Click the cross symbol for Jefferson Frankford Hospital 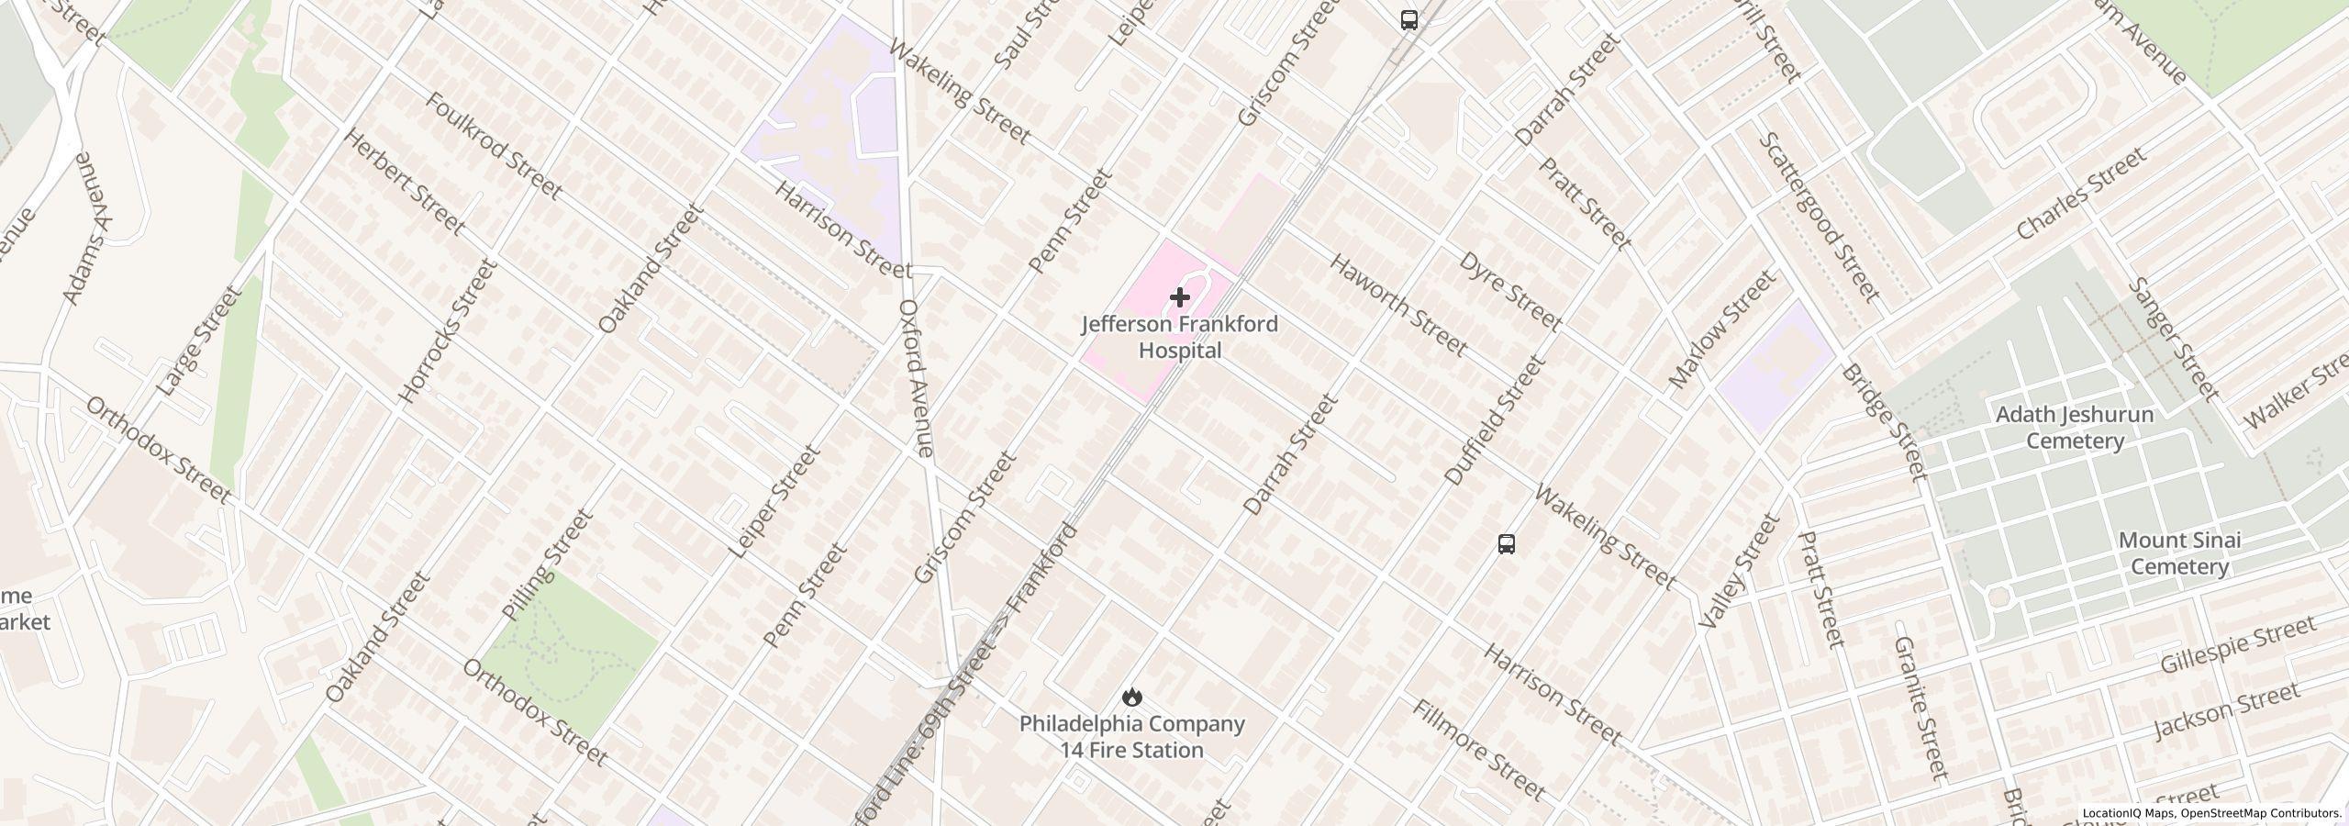click(x=1180, y=297)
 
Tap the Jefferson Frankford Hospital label click(x=1179, y=338)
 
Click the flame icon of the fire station click(x=1132, y=697)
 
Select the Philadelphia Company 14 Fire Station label click(x=1132, y=737)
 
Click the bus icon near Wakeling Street click(x=1506, y=543)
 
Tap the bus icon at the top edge click(x=1409, y=20)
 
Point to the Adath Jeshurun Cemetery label click(x=2075, y=428)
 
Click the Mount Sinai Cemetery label click(x=2179, y=553)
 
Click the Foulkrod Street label click(x=493, y=146)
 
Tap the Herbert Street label click(x=405, y=180)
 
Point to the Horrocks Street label click(x=448, y=332)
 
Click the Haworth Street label click(x=1397, y=305)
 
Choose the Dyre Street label click(x=1509, y=291)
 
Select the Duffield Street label click(x=1495, y=420)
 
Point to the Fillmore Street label click(x=1479, y=749)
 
